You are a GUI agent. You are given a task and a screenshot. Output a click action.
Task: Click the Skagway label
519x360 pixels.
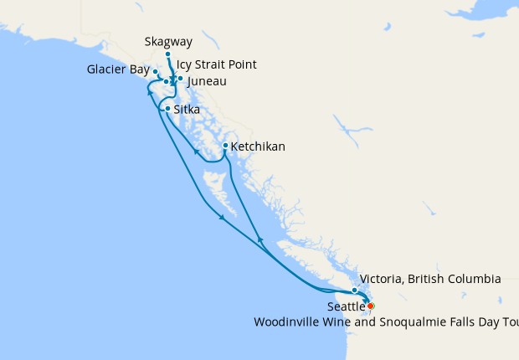[x=168, y=40]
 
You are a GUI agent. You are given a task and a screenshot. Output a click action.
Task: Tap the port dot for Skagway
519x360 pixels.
[x=168, y=54]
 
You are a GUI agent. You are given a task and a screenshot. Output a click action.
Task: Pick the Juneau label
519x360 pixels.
[x=207, y=81]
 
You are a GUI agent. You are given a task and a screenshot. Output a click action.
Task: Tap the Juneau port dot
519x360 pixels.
[x=180, y=79]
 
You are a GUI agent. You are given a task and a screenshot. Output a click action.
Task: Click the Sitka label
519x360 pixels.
[x=188, y=109]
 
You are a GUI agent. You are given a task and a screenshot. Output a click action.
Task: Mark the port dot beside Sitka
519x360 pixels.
[x=168, y=109]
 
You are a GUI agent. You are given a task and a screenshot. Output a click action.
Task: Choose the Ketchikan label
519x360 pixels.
[x=258, y=147]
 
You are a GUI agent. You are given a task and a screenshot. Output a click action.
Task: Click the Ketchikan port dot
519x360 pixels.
[x=225, y=146]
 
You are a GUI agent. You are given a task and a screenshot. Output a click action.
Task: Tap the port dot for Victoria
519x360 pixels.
[x=355, y=291]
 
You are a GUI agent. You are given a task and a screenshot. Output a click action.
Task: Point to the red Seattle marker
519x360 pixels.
[x=370, y=306]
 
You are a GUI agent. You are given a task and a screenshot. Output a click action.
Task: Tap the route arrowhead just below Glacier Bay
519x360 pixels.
[x=151, y=91]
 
